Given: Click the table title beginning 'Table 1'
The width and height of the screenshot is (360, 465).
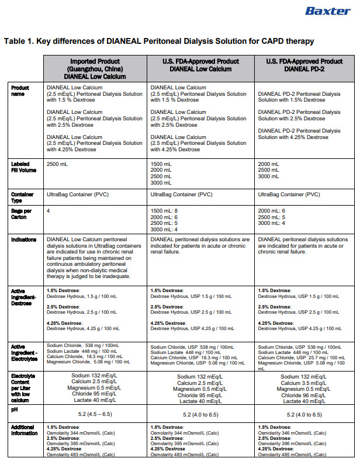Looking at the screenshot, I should tap(159, 41).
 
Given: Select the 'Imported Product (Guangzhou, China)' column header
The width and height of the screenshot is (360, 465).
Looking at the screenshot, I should tap(95, 68).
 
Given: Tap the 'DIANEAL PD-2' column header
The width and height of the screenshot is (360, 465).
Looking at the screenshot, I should tap(304, 65).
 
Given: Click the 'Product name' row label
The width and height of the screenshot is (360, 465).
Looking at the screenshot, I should tap(20, 91).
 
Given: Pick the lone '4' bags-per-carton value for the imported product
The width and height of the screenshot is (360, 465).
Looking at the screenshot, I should tap(48, 210).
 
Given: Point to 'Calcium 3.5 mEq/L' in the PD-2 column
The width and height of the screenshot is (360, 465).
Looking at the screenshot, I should tap(304, 383).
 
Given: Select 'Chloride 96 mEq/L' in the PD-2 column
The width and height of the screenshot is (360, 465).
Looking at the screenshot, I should tap(304, 395).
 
